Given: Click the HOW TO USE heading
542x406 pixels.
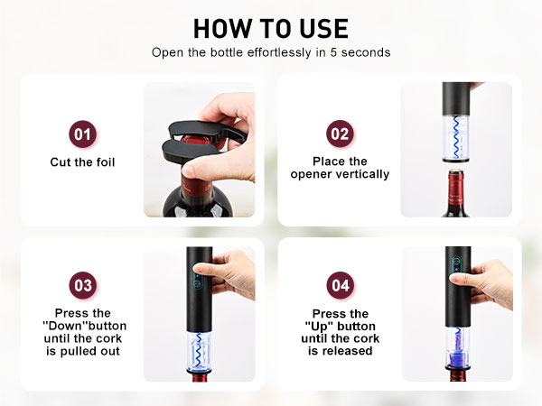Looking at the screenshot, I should [x=271, y=27].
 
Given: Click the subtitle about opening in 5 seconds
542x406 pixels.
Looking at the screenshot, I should [x=271, y=52].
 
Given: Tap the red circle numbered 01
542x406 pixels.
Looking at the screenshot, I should [x=82, y=135].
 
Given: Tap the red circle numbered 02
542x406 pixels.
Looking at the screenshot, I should [x=340, y=135].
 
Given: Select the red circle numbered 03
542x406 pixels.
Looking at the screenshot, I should [x=82, y=286].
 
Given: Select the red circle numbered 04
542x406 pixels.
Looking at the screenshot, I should [x=340, y=286].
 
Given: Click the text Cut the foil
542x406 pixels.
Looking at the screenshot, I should [x=82, y=162].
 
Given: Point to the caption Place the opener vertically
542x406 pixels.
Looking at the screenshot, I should [x=340, y=168].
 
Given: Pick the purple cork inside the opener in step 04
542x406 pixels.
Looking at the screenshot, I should [x=455, y=361].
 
